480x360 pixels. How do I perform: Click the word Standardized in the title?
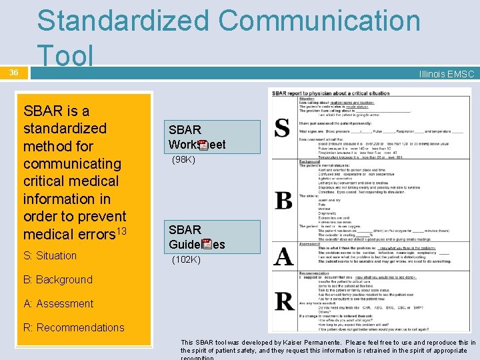pyautogui.click(x=123, y=21)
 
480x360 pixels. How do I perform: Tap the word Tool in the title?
pyautogui.click(x=65, y=56)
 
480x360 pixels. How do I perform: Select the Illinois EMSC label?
pyautogui.click(x=446, y=74)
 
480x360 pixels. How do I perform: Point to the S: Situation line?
pyautogui.click(x=50, y=255)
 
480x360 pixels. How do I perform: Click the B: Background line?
pyautogui.click(x=57, y=279)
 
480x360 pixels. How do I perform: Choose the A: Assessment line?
pyautogui.click(x=58, y=303)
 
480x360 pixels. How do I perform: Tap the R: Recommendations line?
pyautogui.click(x=73, y=327)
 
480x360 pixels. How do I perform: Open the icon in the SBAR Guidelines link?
pyautogui.click(x=207, y=244)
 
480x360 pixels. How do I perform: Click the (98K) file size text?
pyautogui.click(x=183, y=160)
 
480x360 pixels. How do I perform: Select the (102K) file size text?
pyautogui.click(x=186, y=259)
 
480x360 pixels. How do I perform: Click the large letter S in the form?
pyautogui.click(x=283, y=127)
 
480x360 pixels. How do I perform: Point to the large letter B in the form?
pyautogui.click(x=283, y=200)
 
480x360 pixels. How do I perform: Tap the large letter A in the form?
pyautogui.click(x=283, y=255)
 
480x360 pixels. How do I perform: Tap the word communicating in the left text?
pyautogui.click(x=72, y=163)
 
